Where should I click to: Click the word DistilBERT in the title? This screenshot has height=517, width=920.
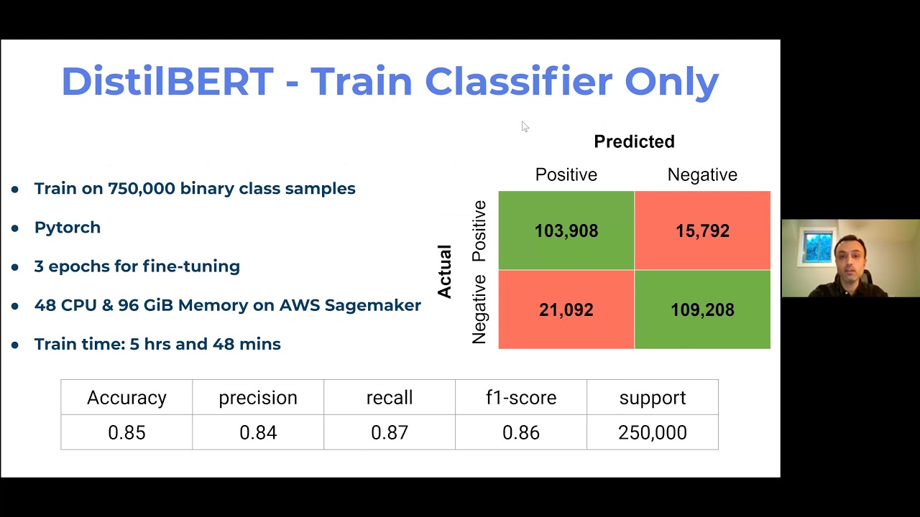click(167, 81)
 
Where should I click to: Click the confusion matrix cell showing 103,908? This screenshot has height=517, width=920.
click(566, 230)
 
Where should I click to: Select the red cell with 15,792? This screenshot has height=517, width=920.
click(702, 230)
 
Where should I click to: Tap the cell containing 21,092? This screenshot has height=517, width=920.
click(566, 309)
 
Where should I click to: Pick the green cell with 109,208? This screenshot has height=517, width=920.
click(702, 309)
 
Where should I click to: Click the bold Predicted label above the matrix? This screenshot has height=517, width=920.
click(634, 141)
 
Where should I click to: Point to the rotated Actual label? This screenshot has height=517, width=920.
click(445, 271)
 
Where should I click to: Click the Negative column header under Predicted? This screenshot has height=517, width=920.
click(702, 174)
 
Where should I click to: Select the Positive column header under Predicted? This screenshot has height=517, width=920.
click(566, 174)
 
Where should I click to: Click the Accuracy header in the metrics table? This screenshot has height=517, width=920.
click(126, 398)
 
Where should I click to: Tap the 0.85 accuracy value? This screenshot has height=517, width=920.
click(126, 432)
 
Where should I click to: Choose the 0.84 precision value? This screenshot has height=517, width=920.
click(258, 432)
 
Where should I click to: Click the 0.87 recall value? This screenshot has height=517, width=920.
click(390, 432)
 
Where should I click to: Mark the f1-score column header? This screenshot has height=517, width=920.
click(521, 398)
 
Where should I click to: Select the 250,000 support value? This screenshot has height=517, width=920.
click(653, 432)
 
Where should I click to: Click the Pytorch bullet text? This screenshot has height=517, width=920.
click(68, 228)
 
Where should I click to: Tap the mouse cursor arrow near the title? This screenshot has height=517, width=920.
click(525, 126)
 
